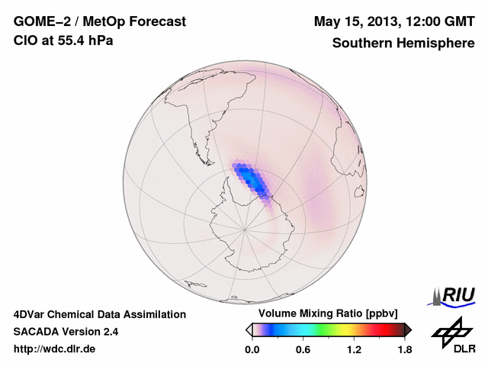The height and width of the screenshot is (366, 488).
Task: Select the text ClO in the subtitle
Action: pyautogui.click(x=25, y=41)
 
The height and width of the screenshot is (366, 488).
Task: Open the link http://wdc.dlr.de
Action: pyautogui.click(x=55, y=349)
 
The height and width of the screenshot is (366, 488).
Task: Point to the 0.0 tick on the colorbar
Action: pyautogui.click(x=252, y=350)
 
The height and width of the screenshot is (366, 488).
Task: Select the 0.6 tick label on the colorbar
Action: pyautogui.click(x=303, y=350)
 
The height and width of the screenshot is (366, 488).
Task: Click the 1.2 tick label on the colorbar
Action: pyautogui.click(x=354, y=350)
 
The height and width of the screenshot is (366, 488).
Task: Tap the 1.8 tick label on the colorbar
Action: pyautogui.click(x=404, y=350)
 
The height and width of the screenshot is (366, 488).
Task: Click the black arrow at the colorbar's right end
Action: pyautogui.click(x=408, y=329)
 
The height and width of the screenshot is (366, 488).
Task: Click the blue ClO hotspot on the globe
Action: pyautogui.click(x=252, y=180)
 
